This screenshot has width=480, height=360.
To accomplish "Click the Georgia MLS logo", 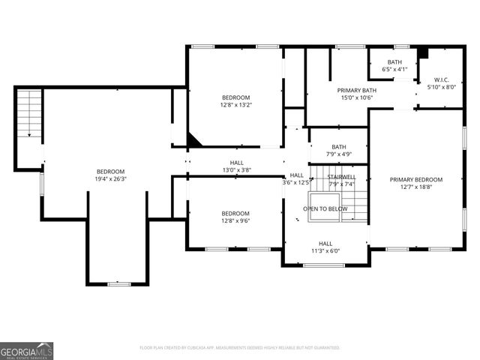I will (27, 350).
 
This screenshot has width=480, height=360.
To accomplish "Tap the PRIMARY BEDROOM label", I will (416, 179).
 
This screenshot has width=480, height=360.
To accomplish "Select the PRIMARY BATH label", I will (356, 90).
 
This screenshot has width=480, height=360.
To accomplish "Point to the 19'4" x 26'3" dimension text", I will (110, 178).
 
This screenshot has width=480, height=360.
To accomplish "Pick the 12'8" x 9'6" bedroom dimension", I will (235, 220).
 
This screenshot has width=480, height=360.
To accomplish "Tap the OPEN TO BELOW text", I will (325, 208).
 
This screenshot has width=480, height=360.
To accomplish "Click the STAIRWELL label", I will (341, 177).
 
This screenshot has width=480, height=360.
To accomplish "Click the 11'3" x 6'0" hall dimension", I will (325, 250).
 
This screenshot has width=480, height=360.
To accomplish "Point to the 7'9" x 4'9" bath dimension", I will (339, 154).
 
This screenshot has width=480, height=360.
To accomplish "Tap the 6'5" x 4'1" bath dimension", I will (394, 69).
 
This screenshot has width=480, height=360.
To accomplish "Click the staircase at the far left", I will (28, 112).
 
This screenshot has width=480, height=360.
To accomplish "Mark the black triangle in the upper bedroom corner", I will (193, 140).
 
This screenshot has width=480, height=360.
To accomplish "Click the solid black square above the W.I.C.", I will (423, 53).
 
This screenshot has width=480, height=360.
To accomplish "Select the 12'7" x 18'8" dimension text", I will (416, 187).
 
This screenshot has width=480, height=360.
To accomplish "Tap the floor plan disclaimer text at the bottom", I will (240, 347).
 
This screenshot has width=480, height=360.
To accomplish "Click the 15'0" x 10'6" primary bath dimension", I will (356, 97).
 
